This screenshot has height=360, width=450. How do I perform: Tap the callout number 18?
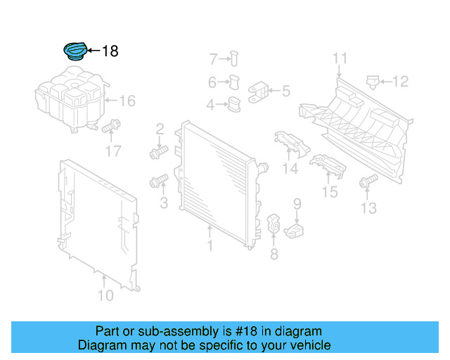click(110, 51)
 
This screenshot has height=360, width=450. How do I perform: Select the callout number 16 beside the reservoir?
click(126, 101)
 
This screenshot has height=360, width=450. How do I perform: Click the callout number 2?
click(160, 129)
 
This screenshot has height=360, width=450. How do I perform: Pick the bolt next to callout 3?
click(157, 183)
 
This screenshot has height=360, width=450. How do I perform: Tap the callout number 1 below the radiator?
click(210, 245)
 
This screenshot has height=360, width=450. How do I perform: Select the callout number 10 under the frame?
click(105, 296)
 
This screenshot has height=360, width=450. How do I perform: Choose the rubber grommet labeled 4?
click(232, 105)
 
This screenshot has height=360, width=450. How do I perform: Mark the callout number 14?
click(290, 169)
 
